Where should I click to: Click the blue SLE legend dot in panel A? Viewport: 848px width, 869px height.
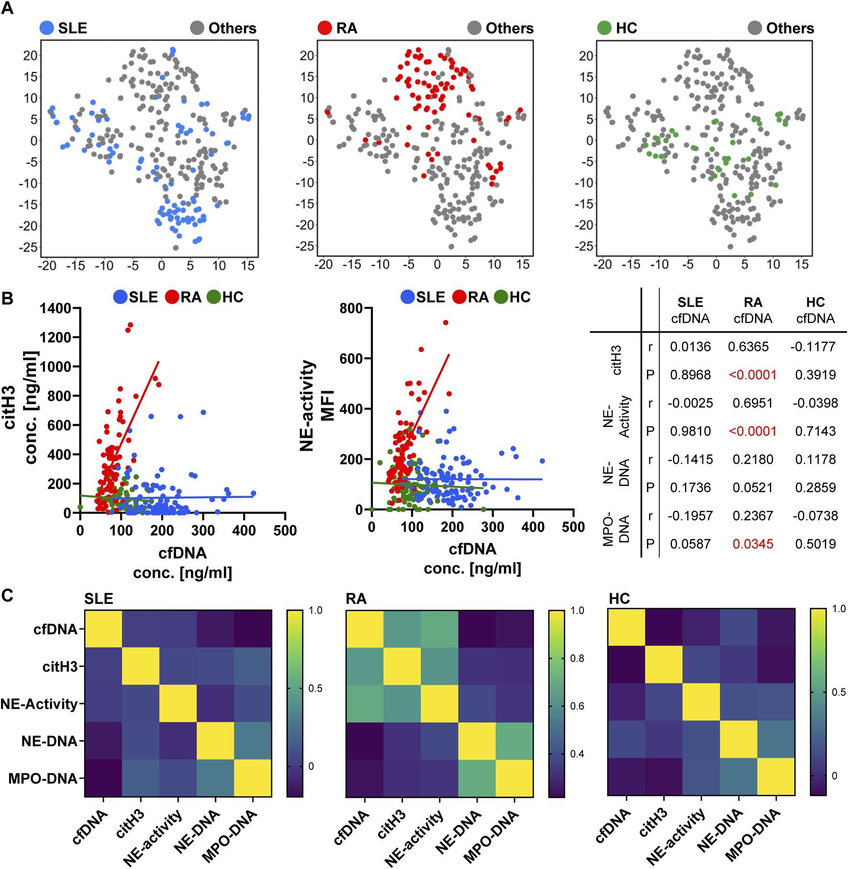tap(47, 28)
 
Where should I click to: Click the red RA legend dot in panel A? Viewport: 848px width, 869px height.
tap(324, 28)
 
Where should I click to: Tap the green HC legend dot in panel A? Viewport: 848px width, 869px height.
tap(604, 28)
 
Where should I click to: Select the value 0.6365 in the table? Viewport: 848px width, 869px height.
tap(748, 347)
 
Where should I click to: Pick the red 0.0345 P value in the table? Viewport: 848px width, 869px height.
tap(753, 544)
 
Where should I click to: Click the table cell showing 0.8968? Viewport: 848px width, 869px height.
tap(690, 375)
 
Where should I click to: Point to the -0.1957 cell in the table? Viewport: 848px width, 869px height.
tap(690, 516)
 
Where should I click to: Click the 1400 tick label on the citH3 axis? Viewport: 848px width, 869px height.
tap(56, 308)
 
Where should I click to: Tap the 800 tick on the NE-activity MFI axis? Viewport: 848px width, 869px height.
tap(351, 308)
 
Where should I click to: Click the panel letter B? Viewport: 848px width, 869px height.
tap(8, 298)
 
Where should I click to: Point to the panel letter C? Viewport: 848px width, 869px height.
tap(7, 595)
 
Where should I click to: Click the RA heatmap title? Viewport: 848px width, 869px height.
tap(356, 599)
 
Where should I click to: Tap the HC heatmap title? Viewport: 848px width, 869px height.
tap(619, 599)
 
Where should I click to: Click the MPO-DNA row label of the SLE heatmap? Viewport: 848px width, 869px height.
tap(43, 779)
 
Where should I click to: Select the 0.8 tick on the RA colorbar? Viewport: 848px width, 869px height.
tap(577, 659)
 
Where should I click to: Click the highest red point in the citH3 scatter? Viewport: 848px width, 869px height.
tap(130, 325)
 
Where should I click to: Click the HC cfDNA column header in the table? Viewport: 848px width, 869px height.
tap(815, 310)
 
